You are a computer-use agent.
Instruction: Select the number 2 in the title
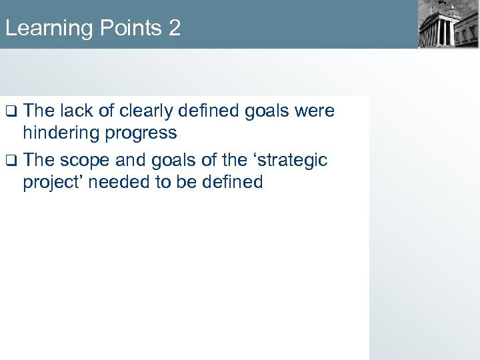tap(174, 29)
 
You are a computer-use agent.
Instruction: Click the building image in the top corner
tap(448, 24)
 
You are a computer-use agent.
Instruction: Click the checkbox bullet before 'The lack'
tap(10, 111)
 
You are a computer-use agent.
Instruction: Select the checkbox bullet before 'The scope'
tap(10, 160)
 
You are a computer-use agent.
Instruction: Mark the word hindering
tap(60, 133)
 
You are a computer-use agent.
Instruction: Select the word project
tap(53, 182)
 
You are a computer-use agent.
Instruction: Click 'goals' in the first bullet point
tap(266, 111)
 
